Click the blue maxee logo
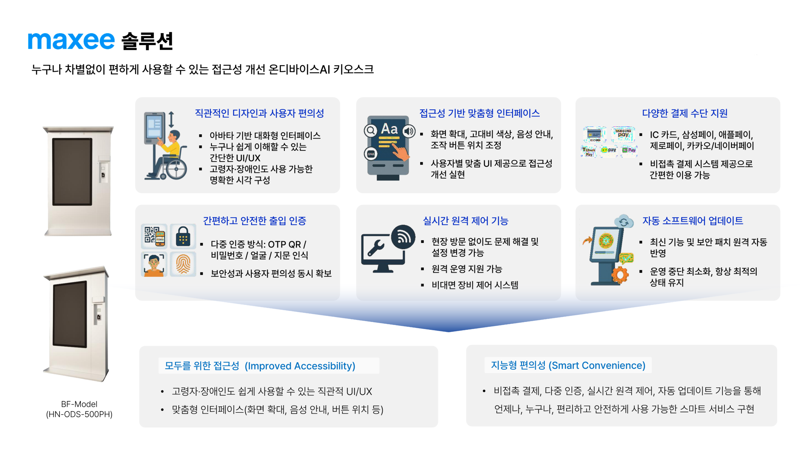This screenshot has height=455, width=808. point(71,41)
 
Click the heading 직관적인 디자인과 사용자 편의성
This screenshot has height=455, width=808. point(259,113)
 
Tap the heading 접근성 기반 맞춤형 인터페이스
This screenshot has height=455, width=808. point(479,113)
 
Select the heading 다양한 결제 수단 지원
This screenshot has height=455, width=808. point(685,113)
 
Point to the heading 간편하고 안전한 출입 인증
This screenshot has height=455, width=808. point(254,221)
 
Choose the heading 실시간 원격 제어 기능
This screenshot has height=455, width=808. point(466,221)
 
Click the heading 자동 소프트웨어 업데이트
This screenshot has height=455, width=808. point(692,221)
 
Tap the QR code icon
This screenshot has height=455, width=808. point(154,236)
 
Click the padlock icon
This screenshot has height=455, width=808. point(183,236)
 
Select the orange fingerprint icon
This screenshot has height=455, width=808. point(183,264)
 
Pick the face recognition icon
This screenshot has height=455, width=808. point(154,264)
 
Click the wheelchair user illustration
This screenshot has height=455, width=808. point(166,146)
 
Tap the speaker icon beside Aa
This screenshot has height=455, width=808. point(409,131)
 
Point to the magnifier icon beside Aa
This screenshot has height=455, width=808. point(370,130)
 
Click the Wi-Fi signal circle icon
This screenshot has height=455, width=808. point(403,237)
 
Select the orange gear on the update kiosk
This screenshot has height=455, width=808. point(620,275)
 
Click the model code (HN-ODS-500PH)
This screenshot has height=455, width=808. point(79,414)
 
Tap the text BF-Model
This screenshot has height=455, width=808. point(79,404)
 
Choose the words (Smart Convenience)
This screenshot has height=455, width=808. point(597,365)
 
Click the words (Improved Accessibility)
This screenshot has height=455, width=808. point(300,366)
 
